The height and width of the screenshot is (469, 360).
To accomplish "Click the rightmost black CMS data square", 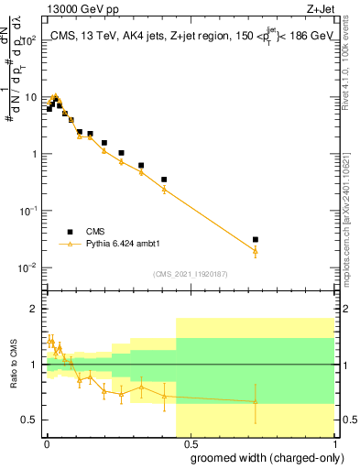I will [x=256, y=239].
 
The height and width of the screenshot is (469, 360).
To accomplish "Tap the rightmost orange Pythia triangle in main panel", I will [x=256, y=250].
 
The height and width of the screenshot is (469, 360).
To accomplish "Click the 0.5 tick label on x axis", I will [x=191, y=442].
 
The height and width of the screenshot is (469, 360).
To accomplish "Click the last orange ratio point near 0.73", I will [x=256, y=401].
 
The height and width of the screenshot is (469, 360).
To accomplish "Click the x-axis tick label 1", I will [x=334, y=442].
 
